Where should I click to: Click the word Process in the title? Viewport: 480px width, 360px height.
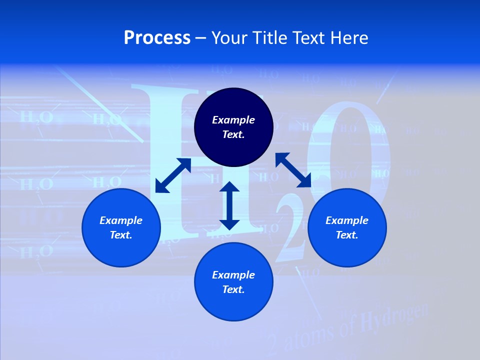157,38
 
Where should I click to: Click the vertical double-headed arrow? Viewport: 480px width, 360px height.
229,205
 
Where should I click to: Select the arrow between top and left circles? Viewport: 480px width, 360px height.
173,175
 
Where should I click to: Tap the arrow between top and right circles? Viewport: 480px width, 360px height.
293,170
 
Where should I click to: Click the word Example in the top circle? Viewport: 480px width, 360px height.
233,120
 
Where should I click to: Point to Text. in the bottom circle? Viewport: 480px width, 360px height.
233,289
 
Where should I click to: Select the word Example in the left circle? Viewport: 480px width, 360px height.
121,220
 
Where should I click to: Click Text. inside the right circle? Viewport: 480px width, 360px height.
347,235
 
